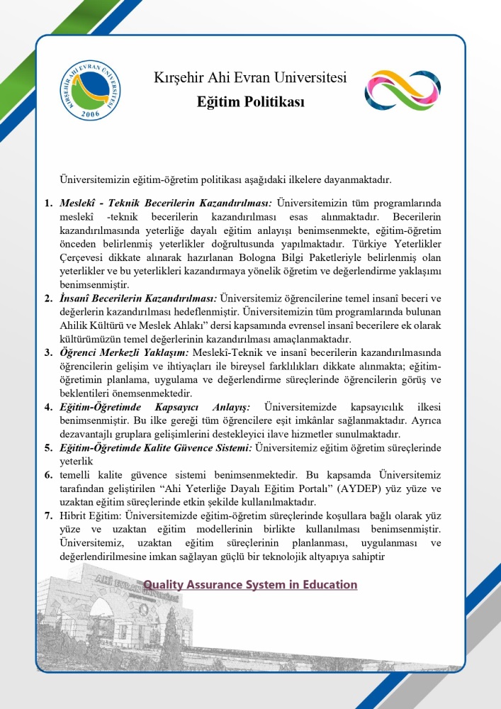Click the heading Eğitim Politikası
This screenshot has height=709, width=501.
[x=250, y=103]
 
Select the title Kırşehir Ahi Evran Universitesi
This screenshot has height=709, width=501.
[x=250, y=77]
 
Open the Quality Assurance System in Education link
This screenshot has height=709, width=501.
[x=250, y=585]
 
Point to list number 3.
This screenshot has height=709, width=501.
[x=48, y=352]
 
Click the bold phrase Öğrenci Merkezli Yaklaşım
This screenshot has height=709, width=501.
[x=124, y=352]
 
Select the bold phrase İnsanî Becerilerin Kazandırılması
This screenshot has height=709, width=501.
[x=138, y=298]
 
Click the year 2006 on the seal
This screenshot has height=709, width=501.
[x=91, y=113]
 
